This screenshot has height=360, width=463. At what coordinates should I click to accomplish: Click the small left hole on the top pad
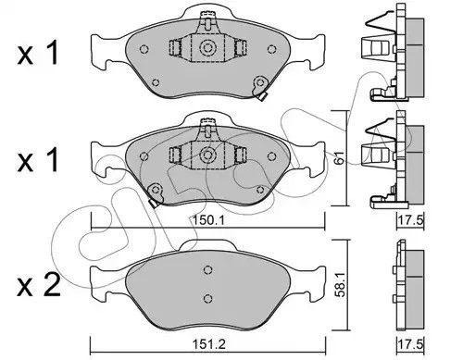tap(142, 49)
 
